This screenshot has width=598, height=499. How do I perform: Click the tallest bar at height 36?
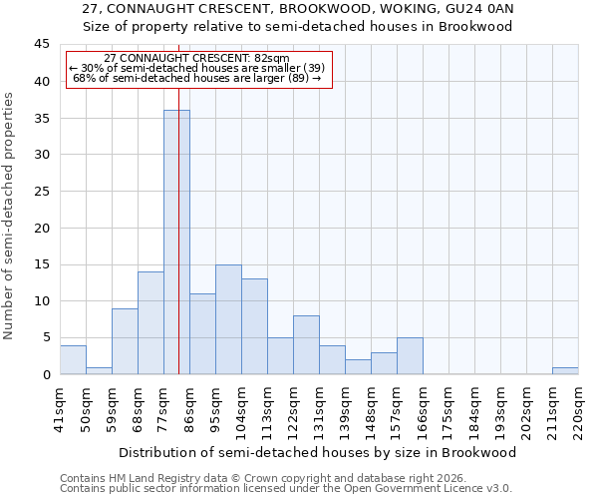coord(176,243)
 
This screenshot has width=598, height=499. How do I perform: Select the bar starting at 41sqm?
coord(73,359)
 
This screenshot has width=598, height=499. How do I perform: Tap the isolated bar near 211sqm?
coord(565,370)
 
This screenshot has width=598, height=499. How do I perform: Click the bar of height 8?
coord(306,345)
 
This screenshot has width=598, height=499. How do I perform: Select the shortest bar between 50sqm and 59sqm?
coord(99,370)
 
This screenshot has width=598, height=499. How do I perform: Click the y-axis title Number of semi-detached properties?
coord(9,216)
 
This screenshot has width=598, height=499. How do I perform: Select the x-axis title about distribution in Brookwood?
coord(317,452)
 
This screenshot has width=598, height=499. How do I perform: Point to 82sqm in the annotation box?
coord(269,59)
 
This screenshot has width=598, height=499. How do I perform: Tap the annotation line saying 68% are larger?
coord(197,78)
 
